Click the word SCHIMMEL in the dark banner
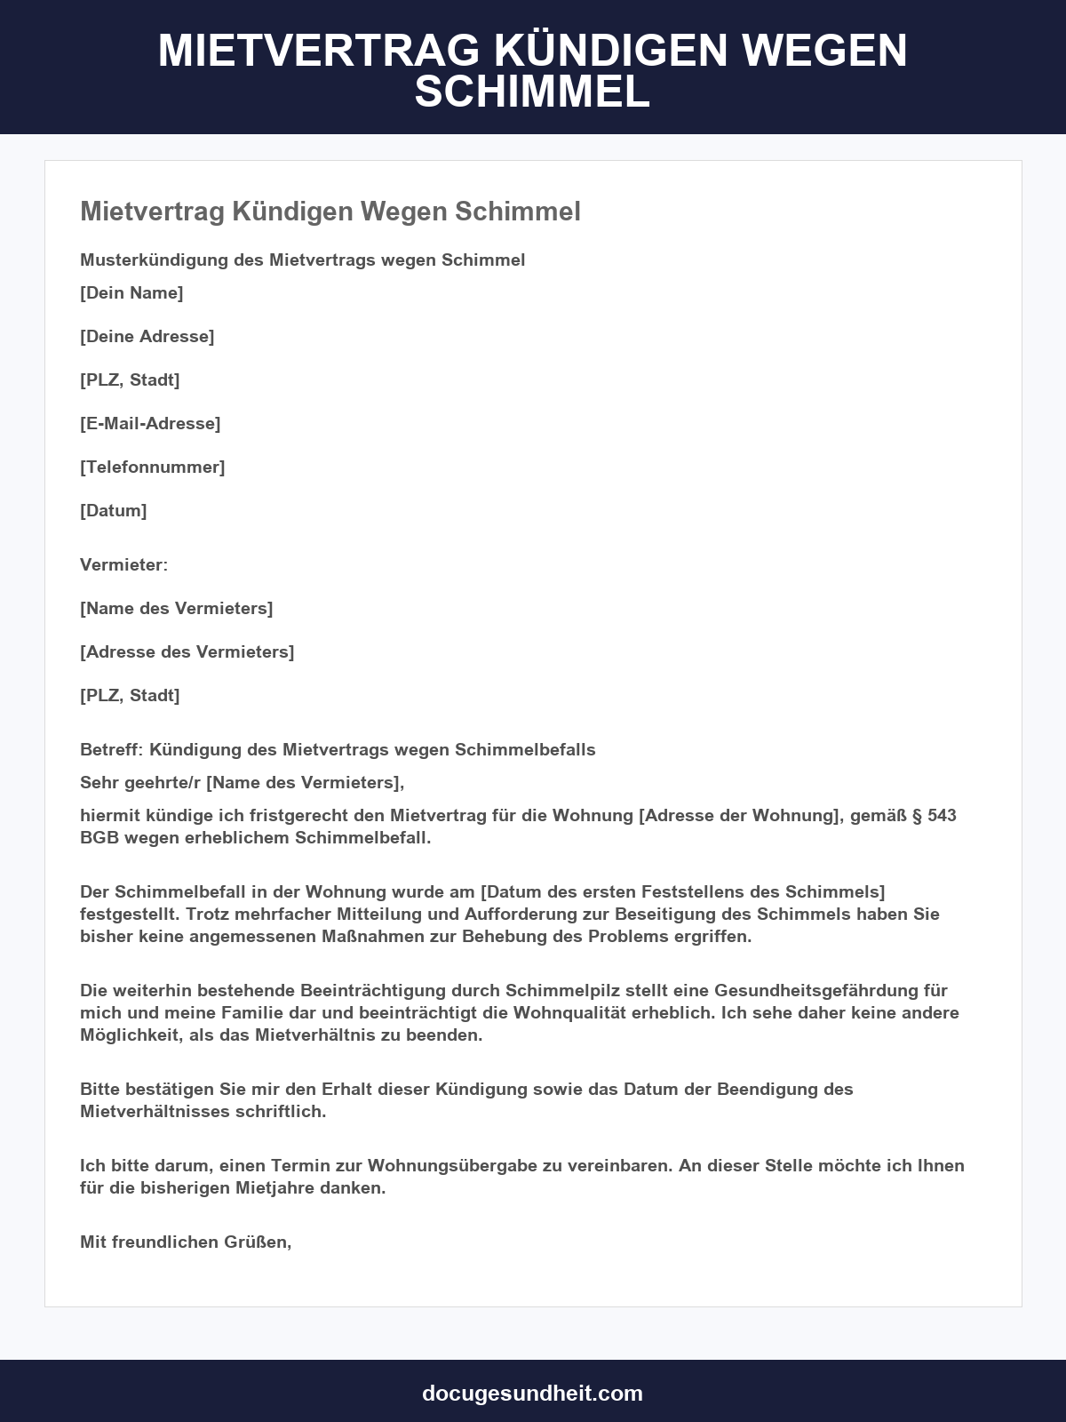(x=532, y=92)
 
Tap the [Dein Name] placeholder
(x=131, y=292)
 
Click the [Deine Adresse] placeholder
(x=147, y=336)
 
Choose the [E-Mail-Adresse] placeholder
(x=150, y=423)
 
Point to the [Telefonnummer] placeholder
(x=153, y=467)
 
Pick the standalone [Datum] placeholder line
(x=114, y=510)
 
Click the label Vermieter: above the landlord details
(x=123, y=564)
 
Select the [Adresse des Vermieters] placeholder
(x=187, y=651)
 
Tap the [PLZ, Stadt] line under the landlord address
(x=130, y=695)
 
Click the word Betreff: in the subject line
(x=111, y=749)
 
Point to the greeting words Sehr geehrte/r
(x=140, y=782)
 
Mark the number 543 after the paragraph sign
(x=942, y=815)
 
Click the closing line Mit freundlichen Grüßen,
(x=186, y=1242)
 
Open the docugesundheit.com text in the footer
(x=532, y=1393)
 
